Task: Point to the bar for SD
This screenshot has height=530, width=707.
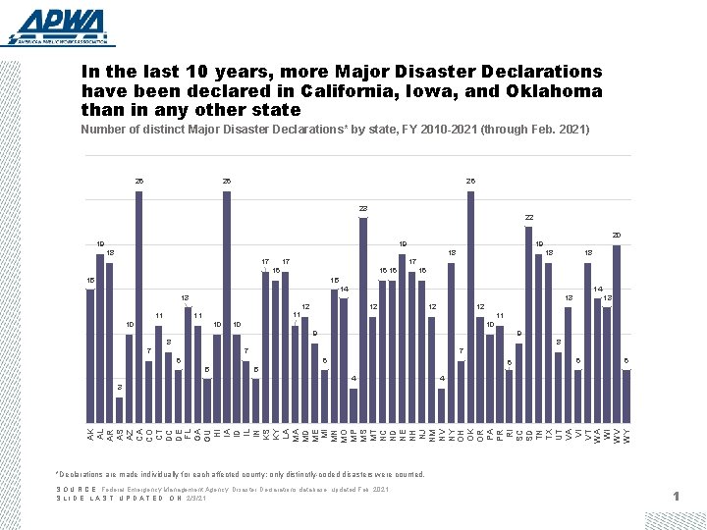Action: click(x=528, y=325)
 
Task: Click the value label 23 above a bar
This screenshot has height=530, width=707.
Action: click(x=363, y=209)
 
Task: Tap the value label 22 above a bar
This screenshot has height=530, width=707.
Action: click(x=528, y=218)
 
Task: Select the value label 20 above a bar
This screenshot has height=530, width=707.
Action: click(x=617, y=235)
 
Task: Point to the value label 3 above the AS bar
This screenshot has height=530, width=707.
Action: click(x=119, y=388)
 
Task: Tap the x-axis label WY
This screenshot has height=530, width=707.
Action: click(x=626, y=433)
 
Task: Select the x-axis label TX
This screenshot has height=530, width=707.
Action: click(x=548, y=433)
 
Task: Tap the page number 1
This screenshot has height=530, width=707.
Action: click(x=677, y=498)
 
